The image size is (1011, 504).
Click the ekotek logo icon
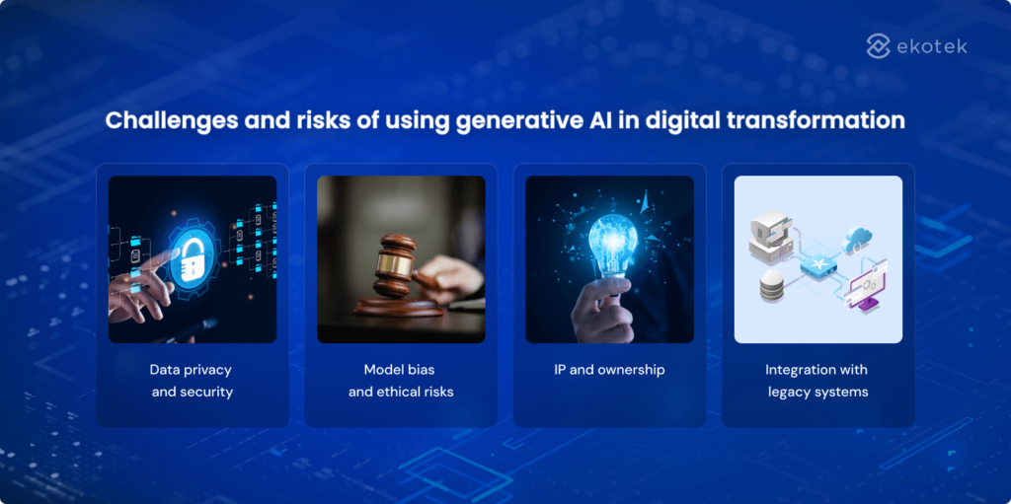point(879,45)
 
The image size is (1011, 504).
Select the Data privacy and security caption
point(192,381)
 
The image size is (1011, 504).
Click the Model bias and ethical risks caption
point(400,381)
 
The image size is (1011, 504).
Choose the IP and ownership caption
point(609,370)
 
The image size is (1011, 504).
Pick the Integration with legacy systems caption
point(817,381)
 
